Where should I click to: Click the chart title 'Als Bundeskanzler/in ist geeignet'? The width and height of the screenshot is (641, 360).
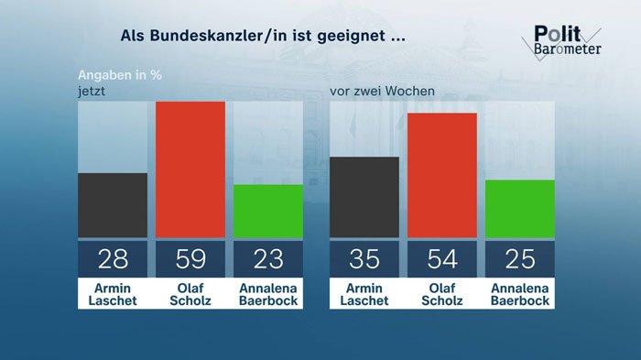point(264,38)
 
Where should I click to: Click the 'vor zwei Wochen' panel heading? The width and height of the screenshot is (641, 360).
point(382,91)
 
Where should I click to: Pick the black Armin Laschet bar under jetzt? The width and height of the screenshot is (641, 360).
point(113,205)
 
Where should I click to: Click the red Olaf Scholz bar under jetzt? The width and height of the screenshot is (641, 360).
point(190,169)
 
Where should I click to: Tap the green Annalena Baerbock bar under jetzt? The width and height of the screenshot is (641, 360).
point(268,211)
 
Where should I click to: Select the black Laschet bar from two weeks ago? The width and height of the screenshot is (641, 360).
point(364,197)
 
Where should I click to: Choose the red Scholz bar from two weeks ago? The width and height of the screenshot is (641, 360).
point(442,175)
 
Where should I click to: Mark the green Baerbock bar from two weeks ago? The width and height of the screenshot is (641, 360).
point(520,209)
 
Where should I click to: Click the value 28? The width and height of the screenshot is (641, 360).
point(113,259)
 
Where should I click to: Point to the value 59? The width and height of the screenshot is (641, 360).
point(190,259)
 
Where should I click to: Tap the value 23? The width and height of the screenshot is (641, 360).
point(268,259)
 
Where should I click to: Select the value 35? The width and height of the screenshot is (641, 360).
point(364,259)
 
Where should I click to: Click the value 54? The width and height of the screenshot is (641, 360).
point(442,259)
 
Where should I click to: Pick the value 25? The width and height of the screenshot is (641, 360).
point(520,259)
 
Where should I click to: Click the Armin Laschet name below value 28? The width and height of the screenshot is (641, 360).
point(113,294)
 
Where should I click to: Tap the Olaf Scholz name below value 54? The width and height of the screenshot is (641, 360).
point(442,294)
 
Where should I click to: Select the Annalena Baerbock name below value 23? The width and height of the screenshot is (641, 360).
point(268,294)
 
